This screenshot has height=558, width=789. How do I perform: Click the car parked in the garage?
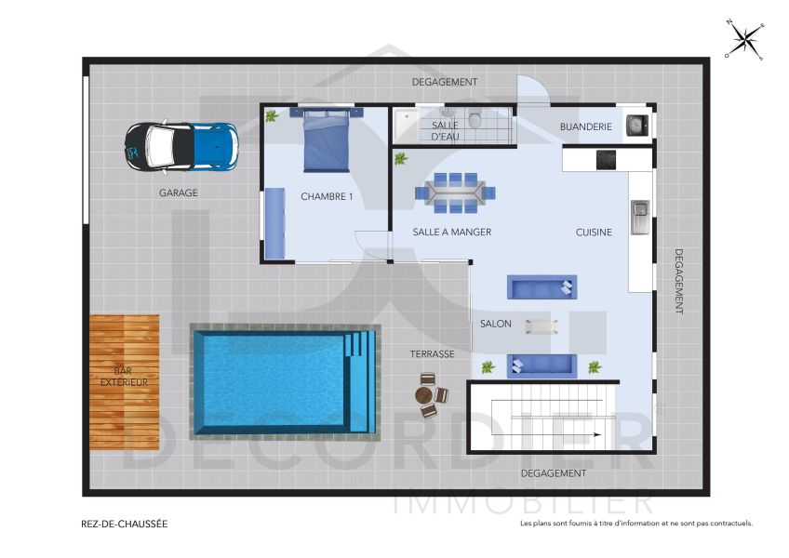[182, 147]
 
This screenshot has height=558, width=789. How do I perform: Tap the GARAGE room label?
[178, 193]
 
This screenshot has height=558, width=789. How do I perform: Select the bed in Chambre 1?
[326, 139]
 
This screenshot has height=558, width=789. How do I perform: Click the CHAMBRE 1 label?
[327, 197]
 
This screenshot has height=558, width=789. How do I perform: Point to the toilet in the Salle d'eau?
[475, 119]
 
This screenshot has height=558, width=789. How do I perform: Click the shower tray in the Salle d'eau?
[407, 126]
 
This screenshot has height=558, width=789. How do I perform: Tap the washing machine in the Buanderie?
[636, 125]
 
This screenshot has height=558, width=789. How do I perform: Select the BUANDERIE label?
[585, 126]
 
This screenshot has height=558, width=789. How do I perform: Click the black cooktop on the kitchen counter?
[607, 159]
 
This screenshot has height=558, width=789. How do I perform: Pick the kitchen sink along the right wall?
[639, 217]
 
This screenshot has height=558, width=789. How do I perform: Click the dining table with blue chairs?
[455, 191]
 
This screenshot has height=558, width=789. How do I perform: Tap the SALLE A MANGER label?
[452, 232]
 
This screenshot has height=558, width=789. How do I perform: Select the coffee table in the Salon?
[542, 325]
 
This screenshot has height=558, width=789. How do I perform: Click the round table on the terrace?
[428, 394]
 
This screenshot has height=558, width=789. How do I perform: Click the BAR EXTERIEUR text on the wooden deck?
[124, 377]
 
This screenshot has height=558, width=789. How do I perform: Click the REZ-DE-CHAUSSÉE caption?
[125, 524]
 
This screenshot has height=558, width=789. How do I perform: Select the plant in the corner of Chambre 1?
[272, 116]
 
